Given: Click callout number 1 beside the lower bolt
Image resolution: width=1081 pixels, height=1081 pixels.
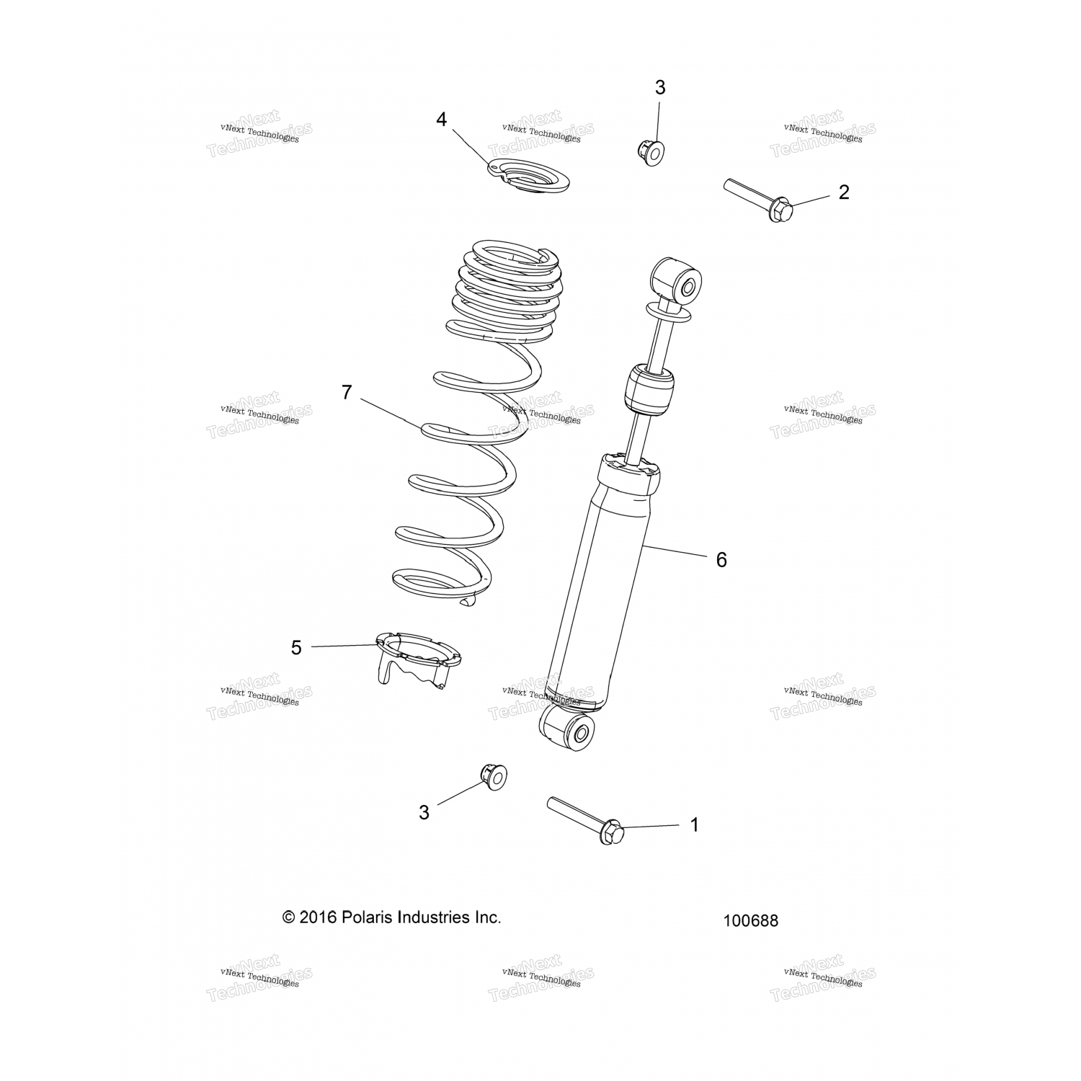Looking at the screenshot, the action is tap(694, 824).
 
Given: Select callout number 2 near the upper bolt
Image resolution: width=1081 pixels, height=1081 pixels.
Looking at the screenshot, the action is tap(843, 192).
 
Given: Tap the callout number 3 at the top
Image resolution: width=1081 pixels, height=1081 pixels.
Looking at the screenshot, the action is tap(660, 88).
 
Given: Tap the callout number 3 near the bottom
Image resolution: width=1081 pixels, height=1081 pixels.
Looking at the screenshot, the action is tap(424, 812).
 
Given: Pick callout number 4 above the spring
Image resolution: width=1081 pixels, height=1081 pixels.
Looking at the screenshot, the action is tap(442, 120).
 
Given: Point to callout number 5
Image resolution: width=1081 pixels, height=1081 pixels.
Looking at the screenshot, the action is tap(296, 647).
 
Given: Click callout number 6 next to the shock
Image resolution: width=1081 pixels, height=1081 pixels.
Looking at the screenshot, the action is tap(721, 559).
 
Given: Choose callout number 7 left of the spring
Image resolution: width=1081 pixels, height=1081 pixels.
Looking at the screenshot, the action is tap(347, 393).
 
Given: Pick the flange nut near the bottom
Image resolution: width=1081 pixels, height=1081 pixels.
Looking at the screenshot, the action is tap(494, 775).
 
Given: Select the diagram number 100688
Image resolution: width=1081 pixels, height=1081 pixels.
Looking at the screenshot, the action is tap(751, 920).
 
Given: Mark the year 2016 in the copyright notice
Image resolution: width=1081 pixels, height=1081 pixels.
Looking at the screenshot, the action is tap(318, 917).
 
